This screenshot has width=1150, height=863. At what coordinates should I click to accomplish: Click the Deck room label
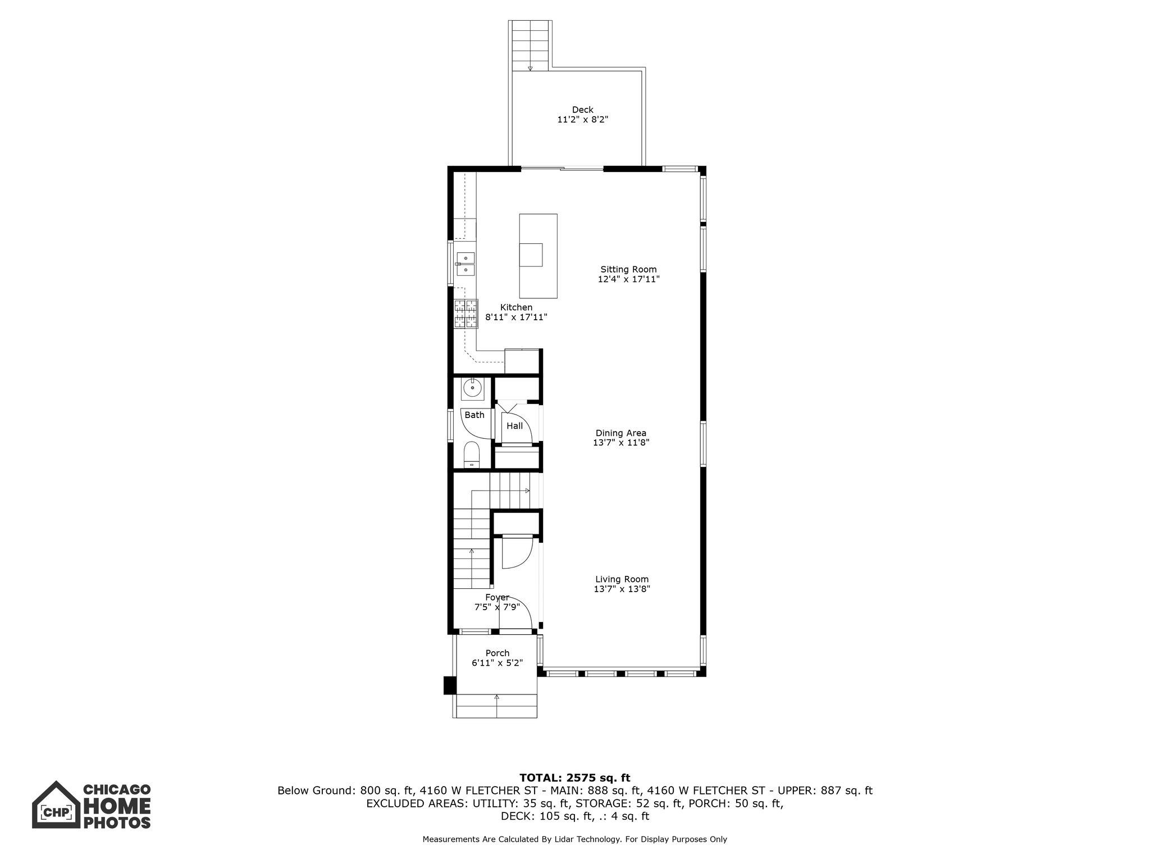click(x=582, y=110)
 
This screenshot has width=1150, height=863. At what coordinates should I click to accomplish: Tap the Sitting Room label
click(x=628, y=269)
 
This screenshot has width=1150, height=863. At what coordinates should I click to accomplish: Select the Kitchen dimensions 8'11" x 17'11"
click(x=516, y=317)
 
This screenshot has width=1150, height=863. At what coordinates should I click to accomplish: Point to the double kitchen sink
click(x=466, y=264)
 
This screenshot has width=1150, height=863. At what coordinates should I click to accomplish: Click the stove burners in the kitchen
click(x=466, y=314)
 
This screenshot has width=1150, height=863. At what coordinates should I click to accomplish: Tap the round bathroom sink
click(x=473, y=388)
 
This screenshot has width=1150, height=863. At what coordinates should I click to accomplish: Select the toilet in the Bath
click(x=472, y=454)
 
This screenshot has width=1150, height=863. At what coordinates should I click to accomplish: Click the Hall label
click(x=514, y=426)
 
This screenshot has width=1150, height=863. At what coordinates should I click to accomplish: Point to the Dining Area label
click(x=620, y=433)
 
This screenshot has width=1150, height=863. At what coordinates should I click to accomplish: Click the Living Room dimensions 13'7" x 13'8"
click(x=622, y=589)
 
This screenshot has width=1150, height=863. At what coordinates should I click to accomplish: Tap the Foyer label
click(x=497, y=597)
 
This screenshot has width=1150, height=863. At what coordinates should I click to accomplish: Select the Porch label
click(x=497, y=653)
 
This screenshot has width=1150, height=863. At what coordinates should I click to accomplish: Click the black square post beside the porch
click(x=450, y=685)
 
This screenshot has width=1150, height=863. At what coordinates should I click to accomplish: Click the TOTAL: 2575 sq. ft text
click(x=574, y=778)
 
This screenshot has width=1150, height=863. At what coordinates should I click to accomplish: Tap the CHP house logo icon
click(x=55, y=805)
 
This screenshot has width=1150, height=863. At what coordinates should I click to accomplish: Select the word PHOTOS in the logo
click(x=117, y=823)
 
